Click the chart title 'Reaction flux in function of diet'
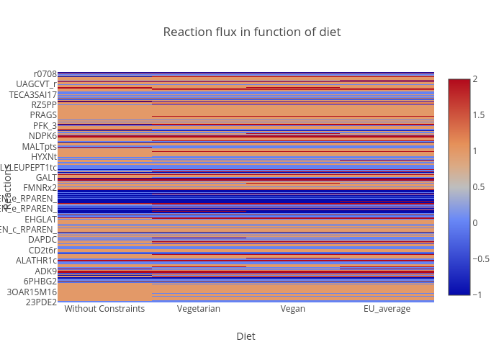tap(251, 32)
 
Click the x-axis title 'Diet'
tap(246, 336)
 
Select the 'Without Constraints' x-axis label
tap(104, 309)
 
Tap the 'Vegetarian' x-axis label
tap(198, 309)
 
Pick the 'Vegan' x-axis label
tap(292, 309)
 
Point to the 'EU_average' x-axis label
tap(387, 309)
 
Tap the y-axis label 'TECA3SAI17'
tap(32, 94)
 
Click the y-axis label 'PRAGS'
tap(43, 115)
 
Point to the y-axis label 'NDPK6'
tap(42, 136)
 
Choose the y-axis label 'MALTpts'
tap(40, 146)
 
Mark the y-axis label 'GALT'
tap(46, 178)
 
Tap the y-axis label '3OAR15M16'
tap(32, 292)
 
